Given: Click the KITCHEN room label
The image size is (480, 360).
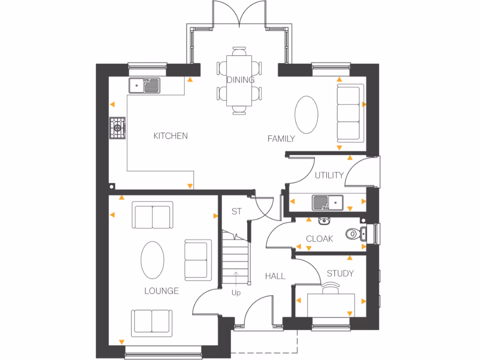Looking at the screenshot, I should click(x=171, y=136).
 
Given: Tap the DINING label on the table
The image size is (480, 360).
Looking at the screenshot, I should click(x=240, y=80).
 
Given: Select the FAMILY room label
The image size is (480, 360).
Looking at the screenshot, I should click(x=281, y=138).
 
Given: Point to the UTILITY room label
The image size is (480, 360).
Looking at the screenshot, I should click(x=329, y=175).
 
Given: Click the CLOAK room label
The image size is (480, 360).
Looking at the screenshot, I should click(x=319, y=239).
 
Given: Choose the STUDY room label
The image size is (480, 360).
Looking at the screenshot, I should click(x=340, y=273).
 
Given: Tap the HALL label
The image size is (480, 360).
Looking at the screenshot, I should click(x=275, y=276).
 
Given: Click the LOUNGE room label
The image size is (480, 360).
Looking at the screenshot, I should click(x=161, y=291).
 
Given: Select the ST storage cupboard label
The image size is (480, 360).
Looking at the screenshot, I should click(x=237, y=211).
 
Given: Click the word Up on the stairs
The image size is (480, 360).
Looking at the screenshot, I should click(x=236, y=293).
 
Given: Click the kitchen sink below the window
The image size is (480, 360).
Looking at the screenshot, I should click(x=145, y=85).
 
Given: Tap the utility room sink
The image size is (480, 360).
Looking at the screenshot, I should click(x=328, y=202).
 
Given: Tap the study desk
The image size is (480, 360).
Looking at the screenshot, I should click(x=331, y=304).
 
